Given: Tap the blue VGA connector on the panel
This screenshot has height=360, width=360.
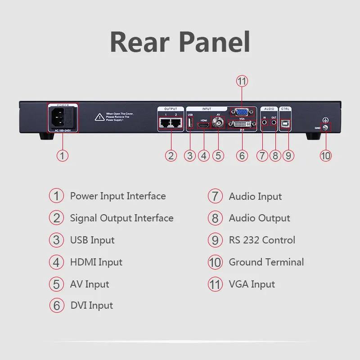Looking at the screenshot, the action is pyautogui.click(x=242, y=112).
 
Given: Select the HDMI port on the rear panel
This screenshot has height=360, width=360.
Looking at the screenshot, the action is pyautogui.click(x=204, y=126).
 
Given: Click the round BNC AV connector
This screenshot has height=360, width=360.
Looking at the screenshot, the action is pyautogui.click(x=219, y=125).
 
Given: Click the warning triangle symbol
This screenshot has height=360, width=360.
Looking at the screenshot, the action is pyautogui.click(x=99, y=117).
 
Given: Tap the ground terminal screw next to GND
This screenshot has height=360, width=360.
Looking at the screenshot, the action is pyautogui.click(x=325, y=128).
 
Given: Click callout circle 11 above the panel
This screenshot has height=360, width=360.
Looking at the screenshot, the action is pyautogui.click(x=242, y=81).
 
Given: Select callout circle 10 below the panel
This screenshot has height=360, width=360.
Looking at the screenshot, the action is pyautogui.click(x=325, y=156).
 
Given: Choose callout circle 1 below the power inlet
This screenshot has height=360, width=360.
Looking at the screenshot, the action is pyautogui.click(x=63, y=156).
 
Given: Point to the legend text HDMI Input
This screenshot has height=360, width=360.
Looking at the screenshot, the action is pyautogui.click(x=96, y=262).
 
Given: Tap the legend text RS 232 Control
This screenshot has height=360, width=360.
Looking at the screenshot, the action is pyautogui.click(x=262, y=240).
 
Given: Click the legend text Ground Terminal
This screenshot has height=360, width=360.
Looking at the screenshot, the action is pyautogui.click(x=266, y=262).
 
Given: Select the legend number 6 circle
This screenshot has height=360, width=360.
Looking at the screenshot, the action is pyautogui.click(x=56, y=306).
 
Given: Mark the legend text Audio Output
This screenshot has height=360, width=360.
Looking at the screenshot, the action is pyautogui.click(x=259, y=218).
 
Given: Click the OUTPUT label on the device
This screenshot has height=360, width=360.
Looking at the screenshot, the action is pyautogui.click(x=171, y=108).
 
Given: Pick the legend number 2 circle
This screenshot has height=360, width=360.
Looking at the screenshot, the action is pyautogui.click(x=56, y=218).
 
